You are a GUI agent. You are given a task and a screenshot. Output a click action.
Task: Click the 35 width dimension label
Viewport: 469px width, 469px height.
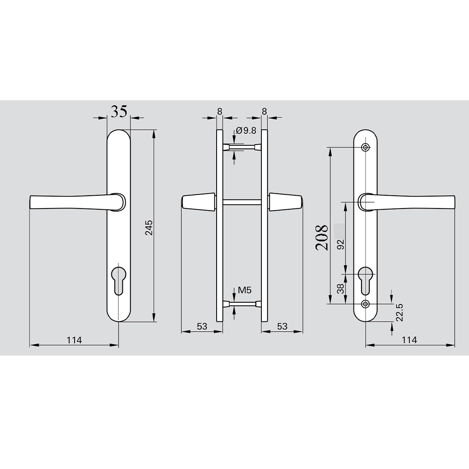tap(119, 111)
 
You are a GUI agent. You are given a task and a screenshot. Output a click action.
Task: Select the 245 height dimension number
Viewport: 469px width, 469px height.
tap(149, 228)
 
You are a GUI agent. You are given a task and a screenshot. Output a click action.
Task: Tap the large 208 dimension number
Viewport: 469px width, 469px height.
tap(321, 237)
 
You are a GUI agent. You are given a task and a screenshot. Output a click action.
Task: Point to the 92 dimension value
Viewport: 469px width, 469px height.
tap(341, 244)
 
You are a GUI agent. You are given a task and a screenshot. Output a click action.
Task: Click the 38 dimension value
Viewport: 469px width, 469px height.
tap(341, 289)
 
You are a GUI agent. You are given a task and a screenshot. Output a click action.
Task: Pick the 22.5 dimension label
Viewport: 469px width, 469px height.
tap(400, 313)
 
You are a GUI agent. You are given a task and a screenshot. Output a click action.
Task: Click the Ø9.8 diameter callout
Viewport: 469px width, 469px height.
tap(246, 131)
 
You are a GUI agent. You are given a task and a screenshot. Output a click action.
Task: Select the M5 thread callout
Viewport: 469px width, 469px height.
tap(245, 290)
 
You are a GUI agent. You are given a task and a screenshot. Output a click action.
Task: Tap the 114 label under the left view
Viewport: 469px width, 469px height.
tap(74, 340)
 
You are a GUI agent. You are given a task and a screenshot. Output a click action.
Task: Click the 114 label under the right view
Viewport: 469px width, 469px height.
tap(409, 340)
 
